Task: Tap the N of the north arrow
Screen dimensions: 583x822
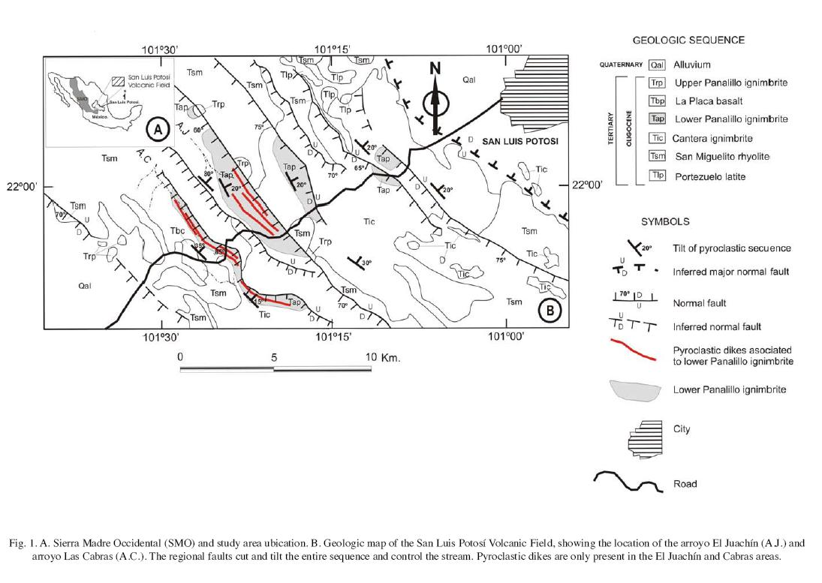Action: coord(435,69)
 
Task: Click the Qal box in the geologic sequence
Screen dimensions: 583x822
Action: coord(658,65)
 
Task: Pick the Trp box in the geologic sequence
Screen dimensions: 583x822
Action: coord(658,83)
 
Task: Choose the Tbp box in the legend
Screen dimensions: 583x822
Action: coord(658,101)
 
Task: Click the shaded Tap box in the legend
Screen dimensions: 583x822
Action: coord(658,119)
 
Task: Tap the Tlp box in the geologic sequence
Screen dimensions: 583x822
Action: coord(658,176)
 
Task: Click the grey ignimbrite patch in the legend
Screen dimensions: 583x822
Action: coord(636,390)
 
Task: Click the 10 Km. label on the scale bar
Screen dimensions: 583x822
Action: coord(383,357)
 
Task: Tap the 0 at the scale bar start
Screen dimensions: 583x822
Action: coord(180,357)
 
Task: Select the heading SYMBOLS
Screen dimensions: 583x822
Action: coord(665,222)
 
